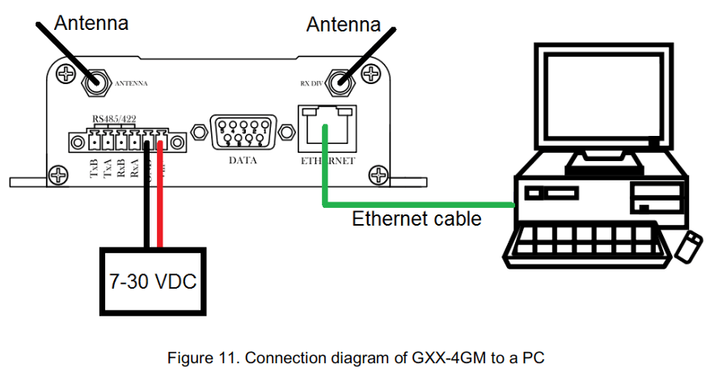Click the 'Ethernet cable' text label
click(416, 219)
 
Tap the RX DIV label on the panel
click(311, 82)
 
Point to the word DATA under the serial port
click(243, 160)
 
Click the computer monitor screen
click(604, 100)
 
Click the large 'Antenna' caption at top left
click(91, 22)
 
